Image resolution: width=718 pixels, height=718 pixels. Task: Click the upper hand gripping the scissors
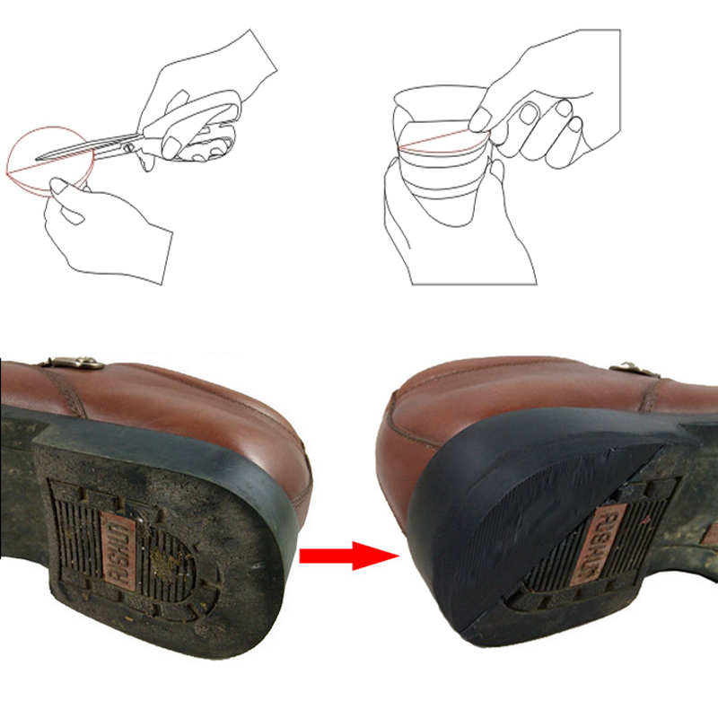[215, 72]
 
